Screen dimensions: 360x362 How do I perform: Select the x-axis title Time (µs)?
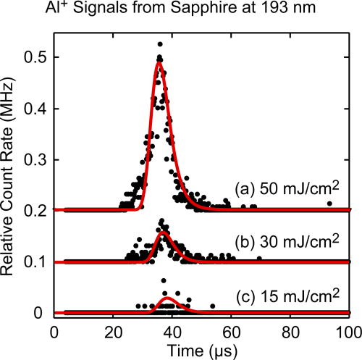point(202,351)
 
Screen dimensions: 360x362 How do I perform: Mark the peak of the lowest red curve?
point(167,298)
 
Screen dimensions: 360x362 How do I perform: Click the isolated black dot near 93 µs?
point(329,204)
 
